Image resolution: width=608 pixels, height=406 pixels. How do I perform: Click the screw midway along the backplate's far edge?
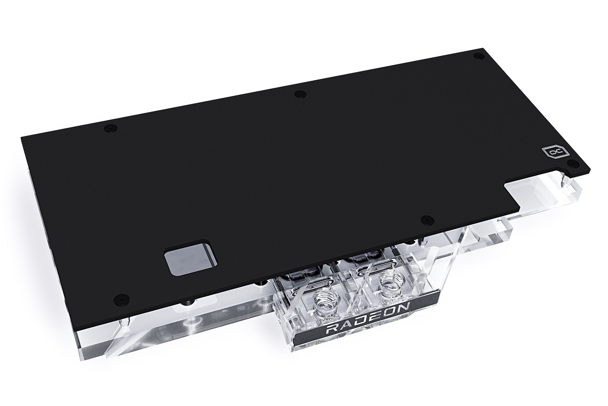pos(300,94)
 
